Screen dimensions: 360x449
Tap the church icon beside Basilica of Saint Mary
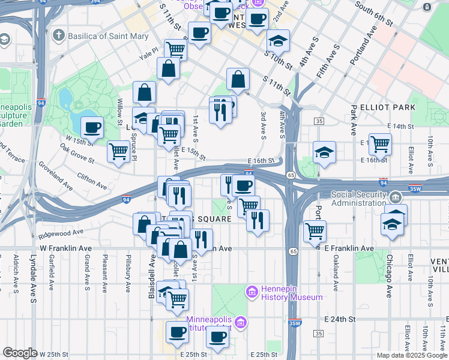[57, 36]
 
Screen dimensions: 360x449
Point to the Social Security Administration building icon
[396, 197]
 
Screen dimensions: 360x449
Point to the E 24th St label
[340, 319]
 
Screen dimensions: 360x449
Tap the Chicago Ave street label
[388, 277]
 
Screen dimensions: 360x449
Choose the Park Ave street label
[354, 119]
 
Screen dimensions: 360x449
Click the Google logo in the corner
[20, 353]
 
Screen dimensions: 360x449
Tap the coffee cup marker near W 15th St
[92, 127]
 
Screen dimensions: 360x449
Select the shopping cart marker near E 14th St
[380, 143]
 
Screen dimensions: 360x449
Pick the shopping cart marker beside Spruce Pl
[119, 151]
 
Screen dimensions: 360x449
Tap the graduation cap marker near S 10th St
[277, 41]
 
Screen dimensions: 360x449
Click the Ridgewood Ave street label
[61, 233]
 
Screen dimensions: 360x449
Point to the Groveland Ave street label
[56, 175]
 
